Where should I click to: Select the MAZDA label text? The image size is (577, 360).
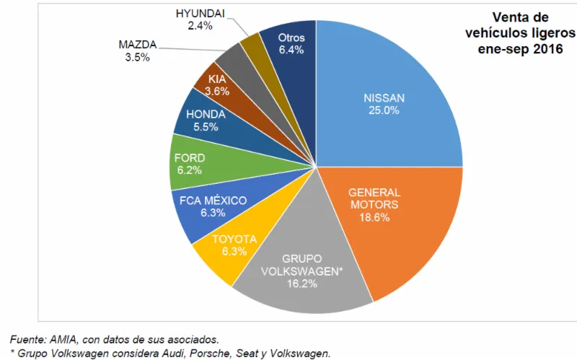pyautogui.click(x=137, y=45)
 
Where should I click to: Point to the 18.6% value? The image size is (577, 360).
pyautogui.click(x=374, y=217)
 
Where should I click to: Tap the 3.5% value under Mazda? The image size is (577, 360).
pyautogui.click(x=137, y=57)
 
